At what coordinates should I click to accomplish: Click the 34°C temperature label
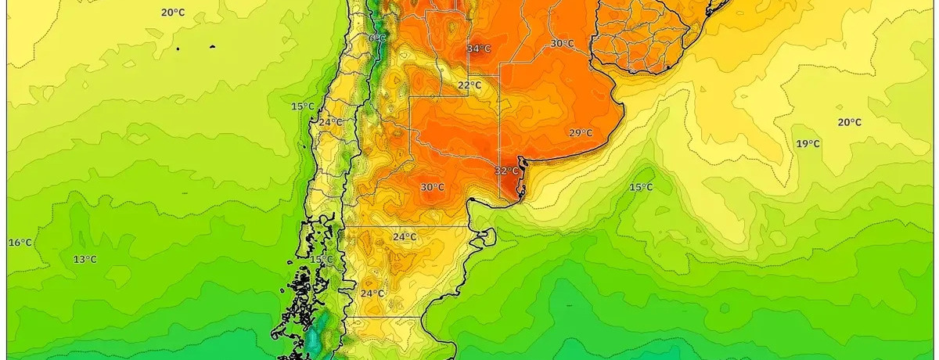[479, 49]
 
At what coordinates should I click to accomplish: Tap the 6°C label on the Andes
[377, 38]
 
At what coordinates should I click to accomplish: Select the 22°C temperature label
[469, 85]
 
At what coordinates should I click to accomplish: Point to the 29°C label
[580, 133]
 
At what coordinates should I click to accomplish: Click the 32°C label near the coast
[506, 171]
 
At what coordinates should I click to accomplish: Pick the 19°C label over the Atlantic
[808, 144]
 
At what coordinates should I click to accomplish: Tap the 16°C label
[20, 243]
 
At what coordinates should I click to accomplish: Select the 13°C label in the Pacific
[85, 260]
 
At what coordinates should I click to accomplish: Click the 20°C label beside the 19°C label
[849, 122]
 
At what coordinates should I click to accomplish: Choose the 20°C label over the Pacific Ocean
[173, 12]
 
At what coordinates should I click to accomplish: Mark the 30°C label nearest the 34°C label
[561, 44]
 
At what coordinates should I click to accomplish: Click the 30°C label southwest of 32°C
[432, 187]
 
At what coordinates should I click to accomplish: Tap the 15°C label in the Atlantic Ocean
[641, 187]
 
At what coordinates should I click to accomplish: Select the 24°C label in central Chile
[329, 122]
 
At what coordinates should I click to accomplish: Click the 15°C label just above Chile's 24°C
[303, 106]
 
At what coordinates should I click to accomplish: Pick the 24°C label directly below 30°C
[405, 237]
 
